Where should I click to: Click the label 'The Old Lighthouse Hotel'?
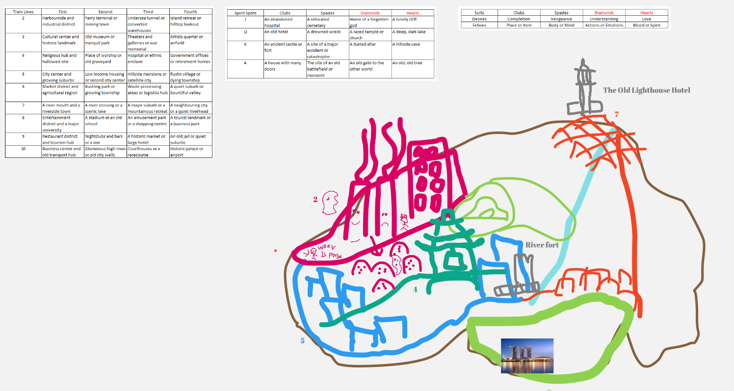646,90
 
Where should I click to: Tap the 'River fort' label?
542,245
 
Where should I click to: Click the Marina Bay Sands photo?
527,356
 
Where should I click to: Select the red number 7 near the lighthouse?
616,114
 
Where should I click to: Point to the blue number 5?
302,340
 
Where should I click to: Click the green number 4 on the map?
415,289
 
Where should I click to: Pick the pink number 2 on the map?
315,199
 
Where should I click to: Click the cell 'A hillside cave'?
406,44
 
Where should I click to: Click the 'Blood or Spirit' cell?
646,25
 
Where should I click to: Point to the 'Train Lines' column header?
23,11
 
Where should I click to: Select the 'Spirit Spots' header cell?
245,13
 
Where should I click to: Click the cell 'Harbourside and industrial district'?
62,21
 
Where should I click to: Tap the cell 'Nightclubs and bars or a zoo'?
105,139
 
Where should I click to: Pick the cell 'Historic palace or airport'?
190,152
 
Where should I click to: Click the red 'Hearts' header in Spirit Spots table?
413,13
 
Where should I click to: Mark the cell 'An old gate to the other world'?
369,66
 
